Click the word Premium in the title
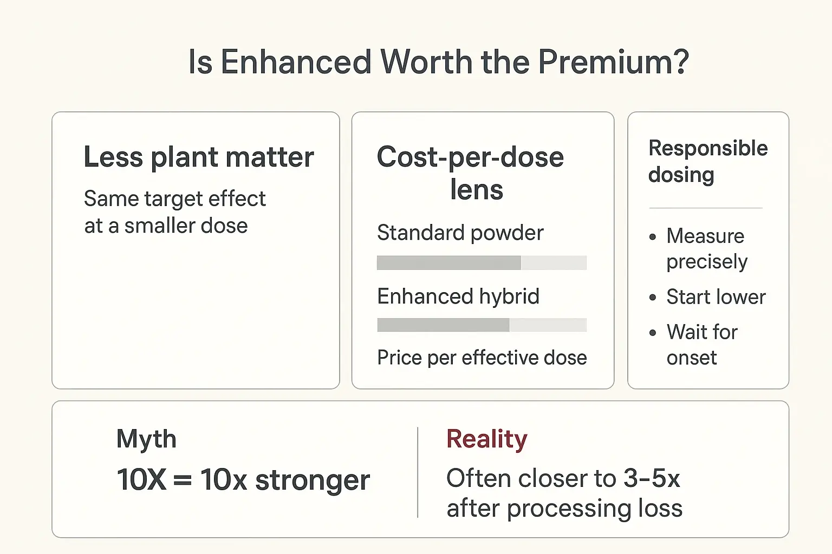pos(613,62)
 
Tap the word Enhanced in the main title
pos(295,62)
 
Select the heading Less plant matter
pos(199,157)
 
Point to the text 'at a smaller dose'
pos(166,226)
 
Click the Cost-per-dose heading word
pos(470,157)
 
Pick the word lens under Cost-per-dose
pos(477,190)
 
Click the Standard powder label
pos(460,233)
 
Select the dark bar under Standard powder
pos(448,263)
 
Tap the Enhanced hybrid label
pos(458,296)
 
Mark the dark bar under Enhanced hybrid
pos(443,325)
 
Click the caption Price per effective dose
pos(482,358)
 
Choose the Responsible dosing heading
pos(707,161)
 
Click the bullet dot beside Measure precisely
pos(653,236)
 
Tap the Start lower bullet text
pos(716,297)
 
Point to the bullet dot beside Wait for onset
pos(653,332)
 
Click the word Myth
pos(146,439)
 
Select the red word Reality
pos(486,439)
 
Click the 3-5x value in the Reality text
pos(651,479)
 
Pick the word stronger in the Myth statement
pos(313,480)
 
